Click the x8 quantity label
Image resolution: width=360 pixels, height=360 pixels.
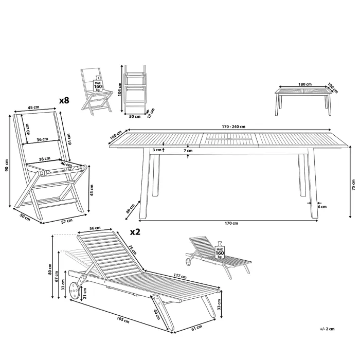click(64, 100)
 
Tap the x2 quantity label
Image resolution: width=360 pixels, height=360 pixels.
click(135, 232)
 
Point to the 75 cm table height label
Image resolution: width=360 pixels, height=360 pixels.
click(353, 185)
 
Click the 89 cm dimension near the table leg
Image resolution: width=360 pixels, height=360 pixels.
click(130, 208)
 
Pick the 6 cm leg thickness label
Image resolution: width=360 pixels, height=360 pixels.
click(322, 207)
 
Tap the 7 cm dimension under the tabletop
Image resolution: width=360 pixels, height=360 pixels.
click(188, 151)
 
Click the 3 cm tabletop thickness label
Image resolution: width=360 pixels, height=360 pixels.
click(157, 150)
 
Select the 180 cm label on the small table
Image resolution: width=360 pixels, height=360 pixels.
click(305, 84)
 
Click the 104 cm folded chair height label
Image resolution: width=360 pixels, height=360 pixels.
click(119, 89)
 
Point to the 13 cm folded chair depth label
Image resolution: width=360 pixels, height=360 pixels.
click(151, 113)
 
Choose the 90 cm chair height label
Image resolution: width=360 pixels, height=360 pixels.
click(7, 165)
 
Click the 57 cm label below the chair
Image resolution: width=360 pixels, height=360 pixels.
click(67, 221)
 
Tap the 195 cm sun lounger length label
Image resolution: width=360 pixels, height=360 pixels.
click(123, 320)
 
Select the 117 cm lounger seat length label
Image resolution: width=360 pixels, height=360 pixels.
click(180, 276)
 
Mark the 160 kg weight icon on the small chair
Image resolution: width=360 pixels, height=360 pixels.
click(98, 84)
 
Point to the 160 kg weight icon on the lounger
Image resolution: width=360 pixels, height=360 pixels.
click(220, 250)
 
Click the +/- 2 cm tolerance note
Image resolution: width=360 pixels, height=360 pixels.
click(327, 329)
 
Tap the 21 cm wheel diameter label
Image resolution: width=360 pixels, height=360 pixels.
click(85, 294)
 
